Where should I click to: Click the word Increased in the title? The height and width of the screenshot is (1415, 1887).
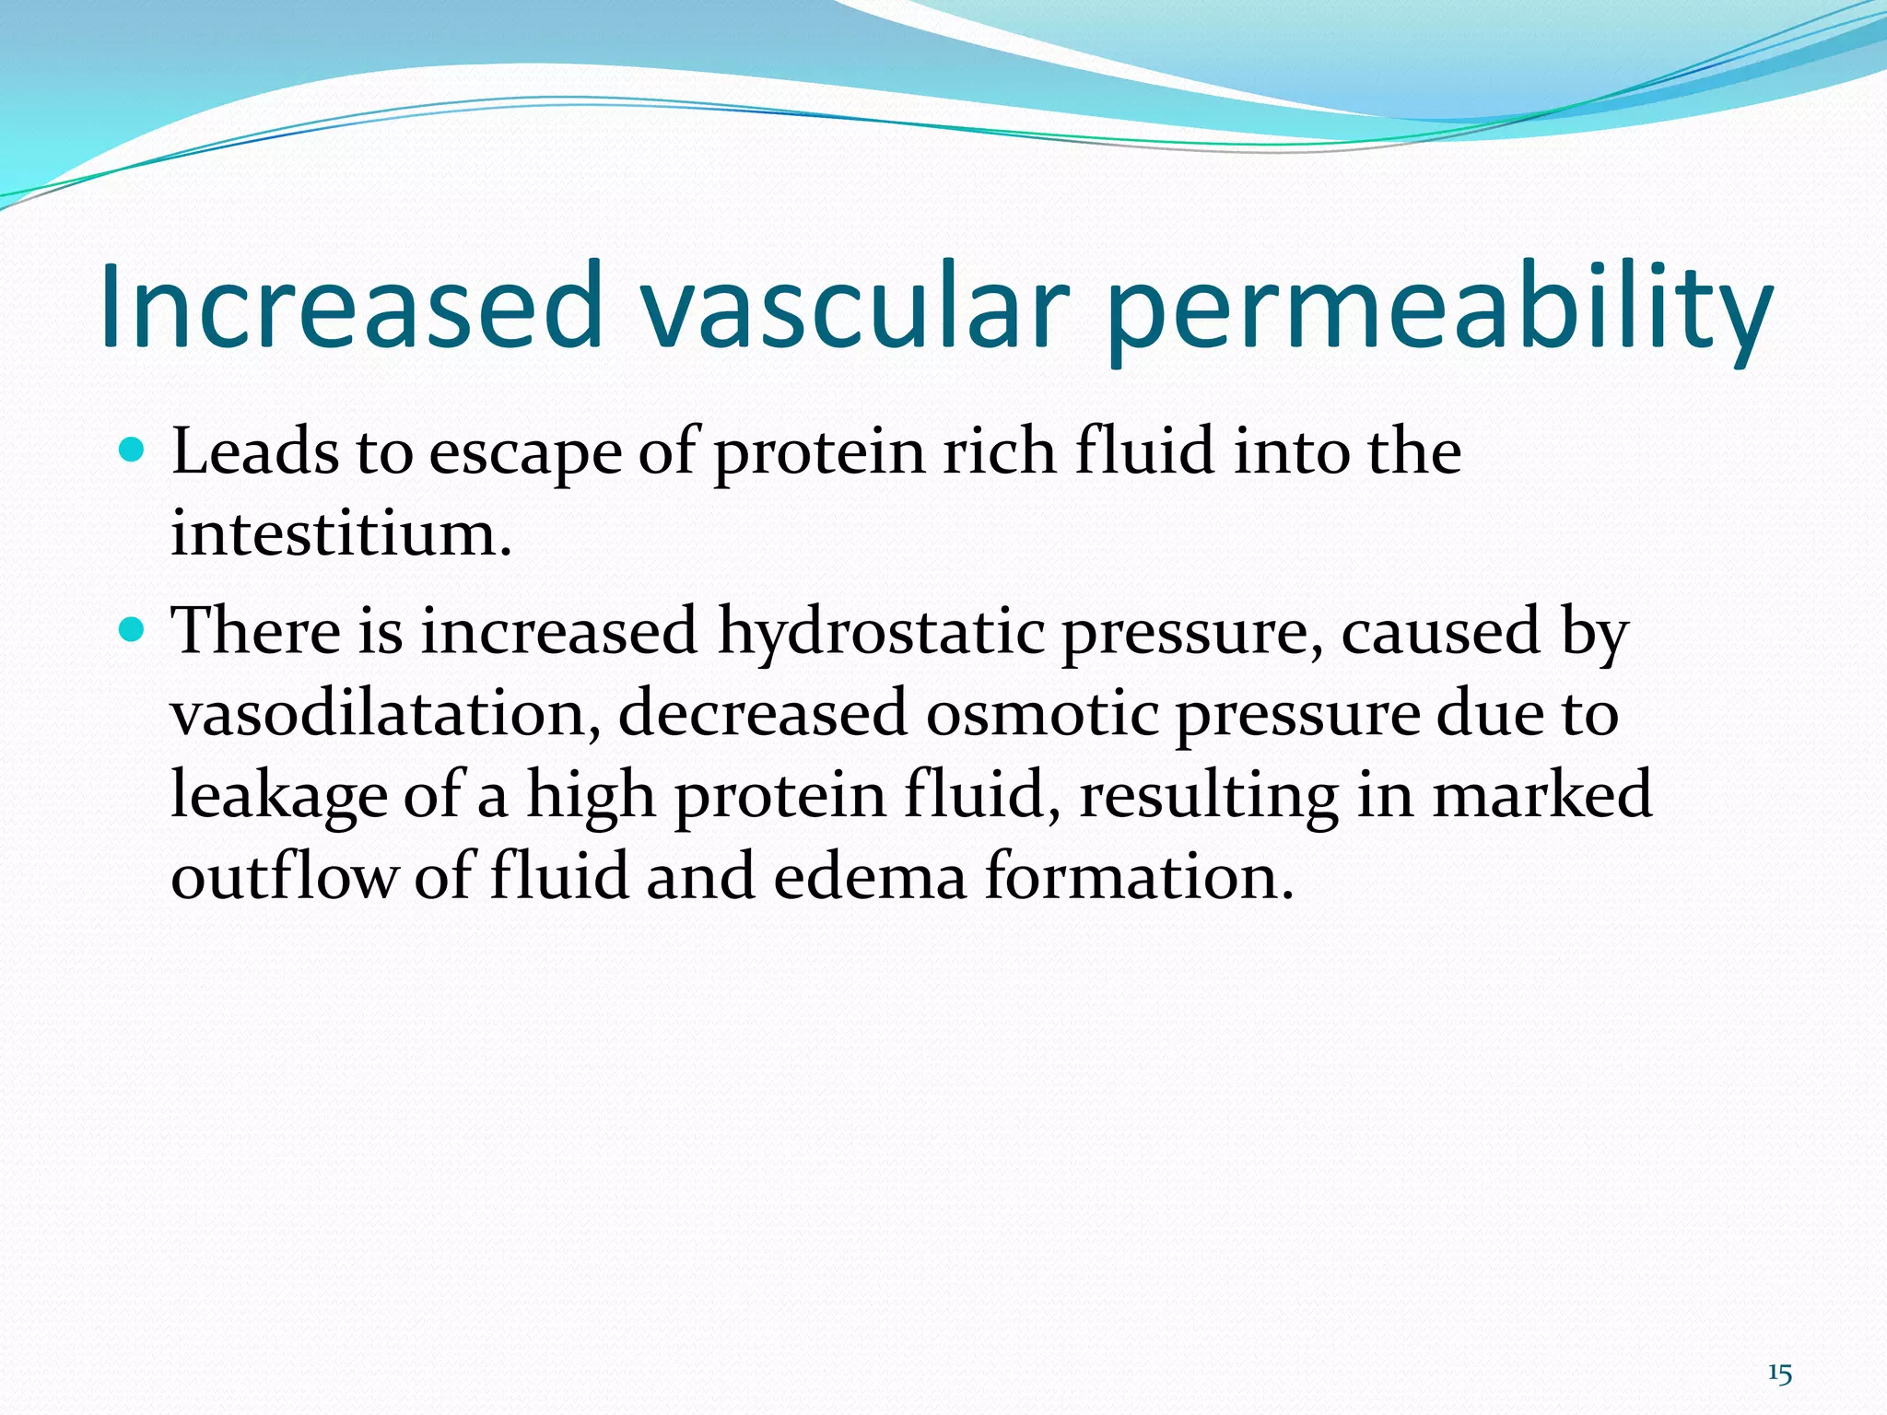click(x=350, y=306)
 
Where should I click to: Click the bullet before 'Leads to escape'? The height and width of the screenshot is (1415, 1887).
click(x=133, y=450)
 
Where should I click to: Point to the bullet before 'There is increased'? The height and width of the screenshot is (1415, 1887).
click(x=133, y=630)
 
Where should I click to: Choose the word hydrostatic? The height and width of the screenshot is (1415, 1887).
click(x=881, y=634)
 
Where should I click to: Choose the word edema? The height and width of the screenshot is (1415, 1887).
click(x=870, y=875)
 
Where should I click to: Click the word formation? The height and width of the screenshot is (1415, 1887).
click(x=1140, y=875)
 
